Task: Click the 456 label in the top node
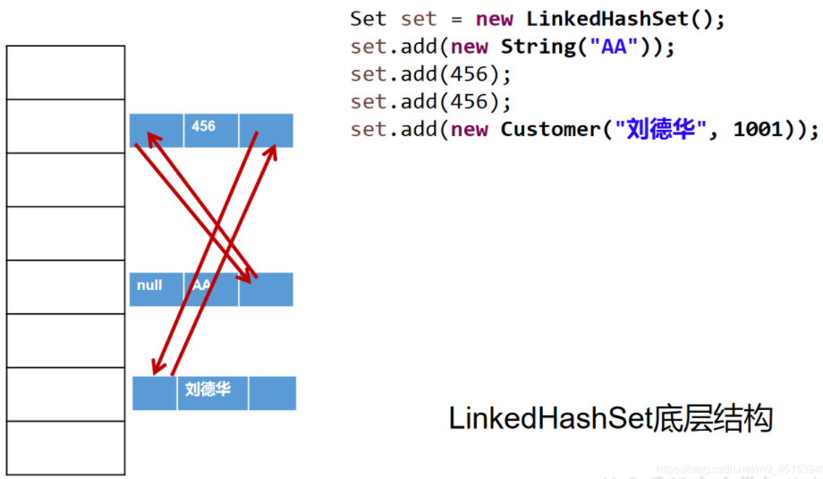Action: coord(204,126)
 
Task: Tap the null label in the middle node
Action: coord(149,285)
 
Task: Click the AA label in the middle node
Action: coord(201,285)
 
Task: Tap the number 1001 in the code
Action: coord(759,129)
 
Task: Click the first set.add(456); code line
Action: coord(430,73)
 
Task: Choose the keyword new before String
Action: coord(470,46)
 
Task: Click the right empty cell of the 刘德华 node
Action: coord(272,393)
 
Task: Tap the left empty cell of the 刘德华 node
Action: coord(155,393)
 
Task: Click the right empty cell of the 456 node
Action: coord(266,130)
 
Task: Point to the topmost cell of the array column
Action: coord(65,72)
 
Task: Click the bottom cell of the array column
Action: coord(65,448)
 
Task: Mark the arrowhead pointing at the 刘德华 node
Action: coord(156,369)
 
